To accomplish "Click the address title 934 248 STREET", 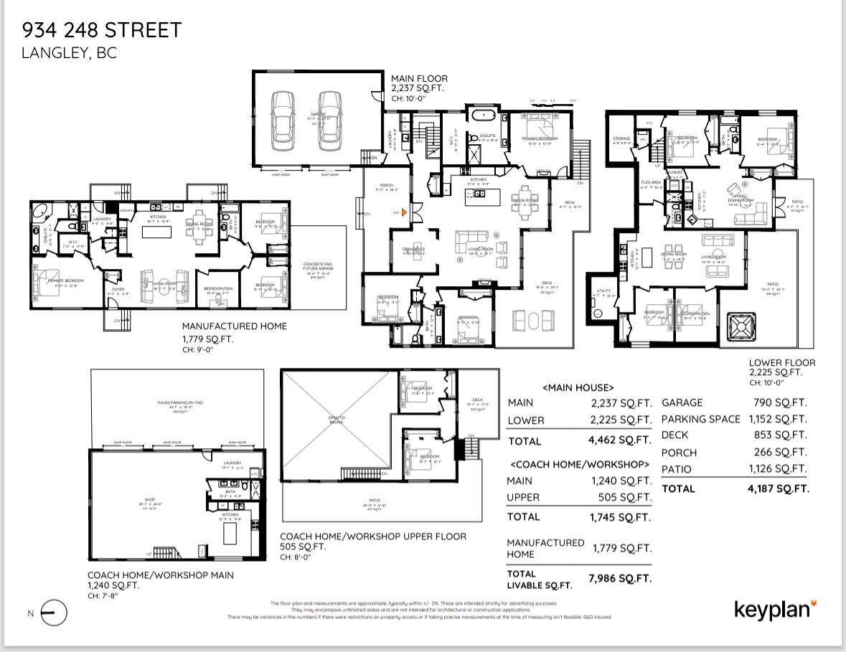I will (102, 30).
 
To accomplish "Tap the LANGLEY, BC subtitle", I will (69, 53).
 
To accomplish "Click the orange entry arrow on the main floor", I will (405, 212).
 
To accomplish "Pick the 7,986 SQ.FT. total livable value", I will (619, 578).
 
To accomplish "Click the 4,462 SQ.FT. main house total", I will (619, 440).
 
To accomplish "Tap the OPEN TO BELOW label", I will (337, 420).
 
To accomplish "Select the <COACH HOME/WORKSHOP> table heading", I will (578, 464).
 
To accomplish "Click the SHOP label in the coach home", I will (150, 500).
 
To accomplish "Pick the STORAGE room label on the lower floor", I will (621, 138).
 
